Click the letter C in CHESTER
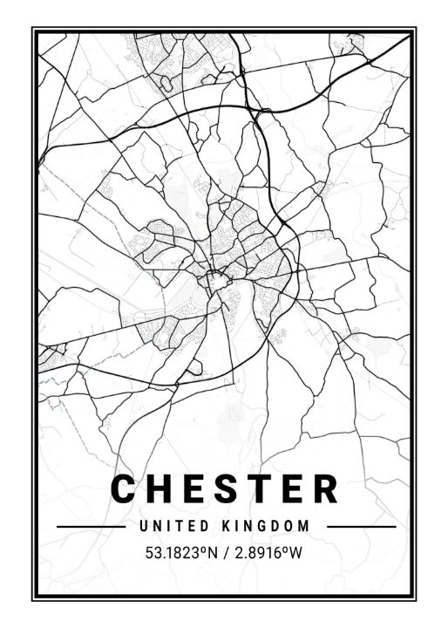click(126, 488)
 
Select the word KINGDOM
click(267, 527)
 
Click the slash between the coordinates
click(225, 553)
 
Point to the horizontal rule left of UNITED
click(91, 527)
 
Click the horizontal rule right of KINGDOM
click(361, 527)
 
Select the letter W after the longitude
click(295, 553)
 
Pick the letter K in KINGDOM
click(229, 527)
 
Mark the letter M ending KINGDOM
click(304, 527)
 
